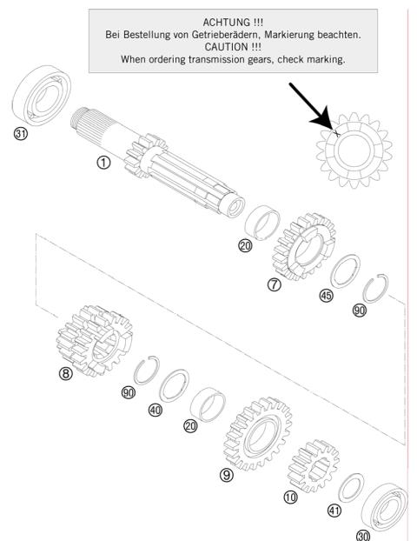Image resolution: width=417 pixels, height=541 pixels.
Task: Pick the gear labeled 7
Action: coord(303,245)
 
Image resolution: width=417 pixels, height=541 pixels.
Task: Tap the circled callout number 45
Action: coord(326,295)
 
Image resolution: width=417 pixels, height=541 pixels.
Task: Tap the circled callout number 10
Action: coord(289,496)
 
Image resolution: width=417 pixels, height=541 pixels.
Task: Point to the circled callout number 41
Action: coord(334,511)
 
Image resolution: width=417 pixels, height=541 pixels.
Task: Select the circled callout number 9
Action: coord(226,475)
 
